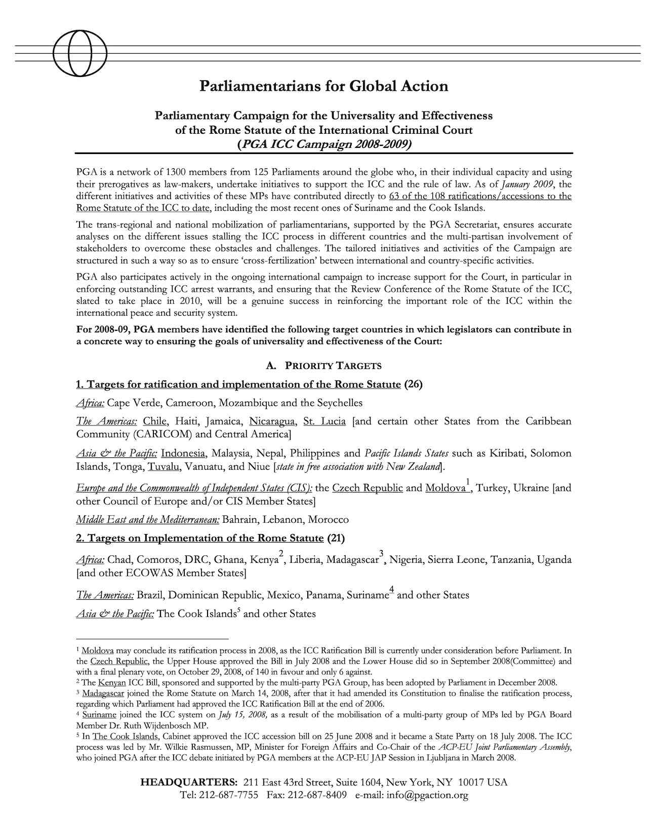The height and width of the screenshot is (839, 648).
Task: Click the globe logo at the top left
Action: point(79,53)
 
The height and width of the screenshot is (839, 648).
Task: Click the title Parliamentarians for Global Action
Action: point(324,86)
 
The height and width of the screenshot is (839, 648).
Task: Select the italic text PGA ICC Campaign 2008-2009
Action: point(324,144)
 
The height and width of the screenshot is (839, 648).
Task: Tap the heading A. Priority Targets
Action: point(323,366)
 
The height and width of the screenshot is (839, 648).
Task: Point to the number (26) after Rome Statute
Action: point(413,384)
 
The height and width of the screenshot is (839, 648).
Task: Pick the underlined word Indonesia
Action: point(183,453)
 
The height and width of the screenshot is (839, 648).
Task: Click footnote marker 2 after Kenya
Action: point(281,553)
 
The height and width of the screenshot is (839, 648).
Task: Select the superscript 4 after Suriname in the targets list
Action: point(392,589)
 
